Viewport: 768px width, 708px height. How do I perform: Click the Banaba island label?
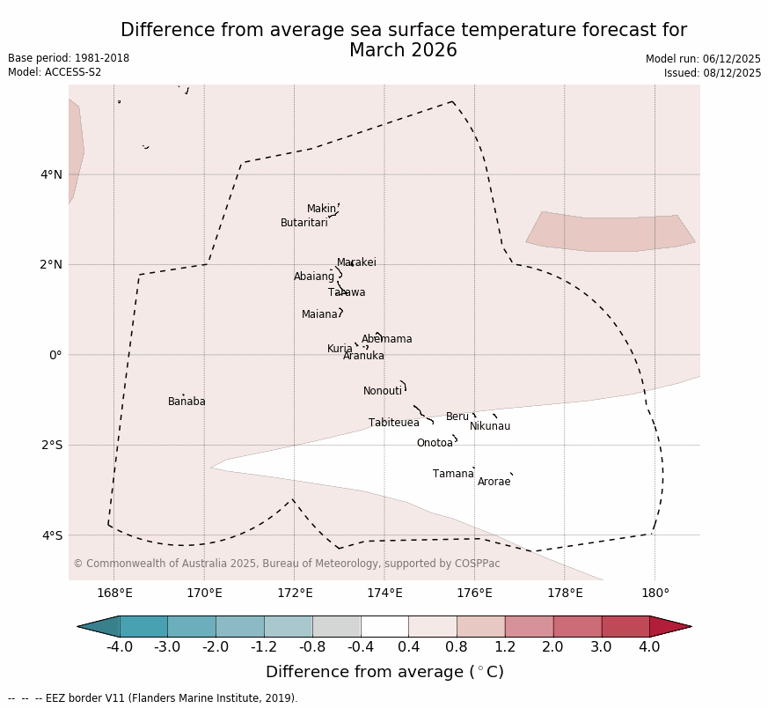[x=187, y=402]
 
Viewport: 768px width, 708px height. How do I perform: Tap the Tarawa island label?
[x=347, y=293]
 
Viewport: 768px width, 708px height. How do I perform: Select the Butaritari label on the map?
[x=304, y=224]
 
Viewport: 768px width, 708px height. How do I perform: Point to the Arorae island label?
[x=494, y=483]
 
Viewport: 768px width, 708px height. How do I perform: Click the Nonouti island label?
[x=382, y=392]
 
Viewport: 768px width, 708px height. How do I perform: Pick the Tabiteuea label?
[x=393, y=424]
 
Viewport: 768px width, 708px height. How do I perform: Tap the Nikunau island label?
[x=489, y=427]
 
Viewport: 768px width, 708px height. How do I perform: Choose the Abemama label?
[x=386, y=340]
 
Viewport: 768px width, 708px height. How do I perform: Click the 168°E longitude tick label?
[x=114, y=593]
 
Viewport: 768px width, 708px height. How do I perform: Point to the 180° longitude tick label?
[x=655, y=593]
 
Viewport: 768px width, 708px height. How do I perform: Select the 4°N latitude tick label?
[x=51, y=174]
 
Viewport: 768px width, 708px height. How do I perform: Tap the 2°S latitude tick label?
[x=51, y=446]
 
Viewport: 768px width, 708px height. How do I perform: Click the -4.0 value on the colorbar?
[x=120, y=647]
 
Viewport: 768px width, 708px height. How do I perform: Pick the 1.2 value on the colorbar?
[x=505, y=647]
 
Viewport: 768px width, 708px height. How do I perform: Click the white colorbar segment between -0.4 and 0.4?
[x=384, y=626]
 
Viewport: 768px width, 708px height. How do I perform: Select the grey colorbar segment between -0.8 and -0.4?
[x=336, y=626]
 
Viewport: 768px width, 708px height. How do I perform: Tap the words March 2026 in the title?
[x=403, y=51]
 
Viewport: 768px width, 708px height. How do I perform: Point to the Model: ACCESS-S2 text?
[x=55, y=73]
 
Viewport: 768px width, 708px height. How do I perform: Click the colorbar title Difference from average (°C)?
[x=384, y=672]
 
